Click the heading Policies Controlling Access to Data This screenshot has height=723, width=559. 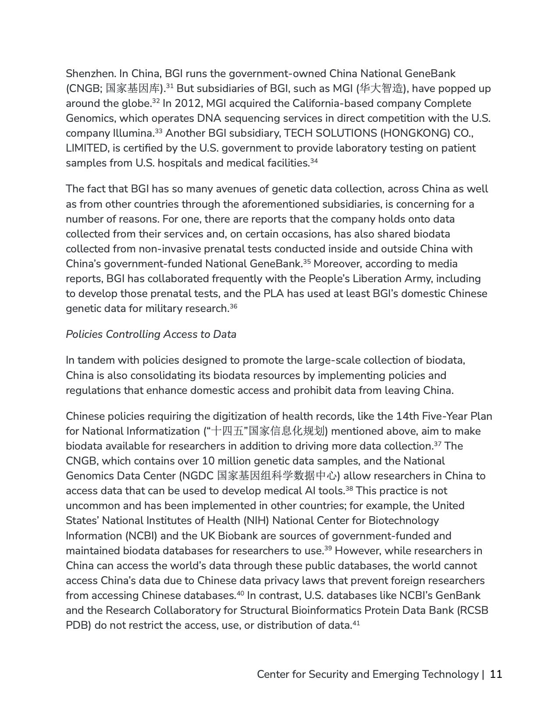click(x=151, y=334)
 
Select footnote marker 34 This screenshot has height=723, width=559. click(x=313, y=160)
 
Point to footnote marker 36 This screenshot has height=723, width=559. click(x=233, y=306)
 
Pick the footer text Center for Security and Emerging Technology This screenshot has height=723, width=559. click(x=367, y=674)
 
